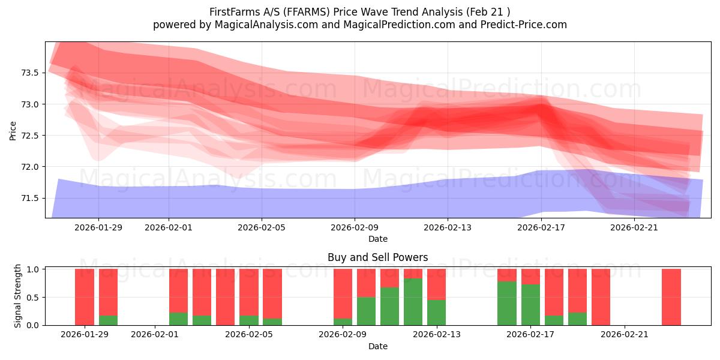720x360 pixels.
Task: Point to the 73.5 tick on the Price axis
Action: [30, 73]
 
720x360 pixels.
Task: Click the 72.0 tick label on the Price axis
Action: [30, 167]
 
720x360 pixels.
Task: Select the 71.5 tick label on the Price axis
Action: [30, 198]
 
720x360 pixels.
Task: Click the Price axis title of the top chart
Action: [13, 130]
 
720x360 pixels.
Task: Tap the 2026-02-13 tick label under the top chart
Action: [448, 227]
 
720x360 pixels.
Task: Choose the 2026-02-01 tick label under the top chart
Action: [169, 227]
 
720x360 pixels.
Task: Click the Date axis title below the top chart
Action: [378, 239]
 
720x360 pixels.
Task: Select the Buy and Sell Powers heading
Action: [378, 257]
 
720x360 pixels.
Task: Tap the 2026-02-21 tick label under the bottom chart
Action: [625, 334]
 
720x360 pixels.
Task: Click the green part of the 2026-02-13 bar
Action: [436, 312]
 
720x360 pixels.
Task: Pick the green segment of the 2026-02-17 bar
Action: [530, 305]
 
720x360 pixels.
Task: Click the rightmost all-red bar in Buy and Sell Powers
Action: [671, 297]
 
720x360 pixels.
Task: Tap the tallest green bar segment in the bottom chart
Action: [413, 302]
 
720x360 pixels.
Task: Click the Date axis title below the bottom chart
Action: [378, 346]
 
